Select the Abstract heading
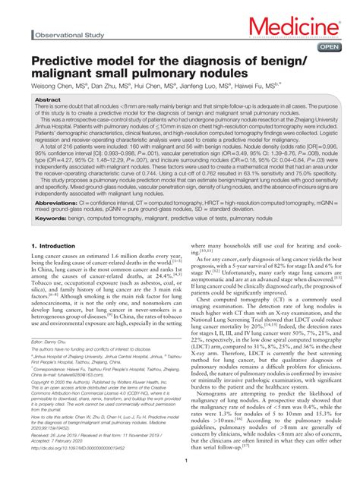click(49, 99)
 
